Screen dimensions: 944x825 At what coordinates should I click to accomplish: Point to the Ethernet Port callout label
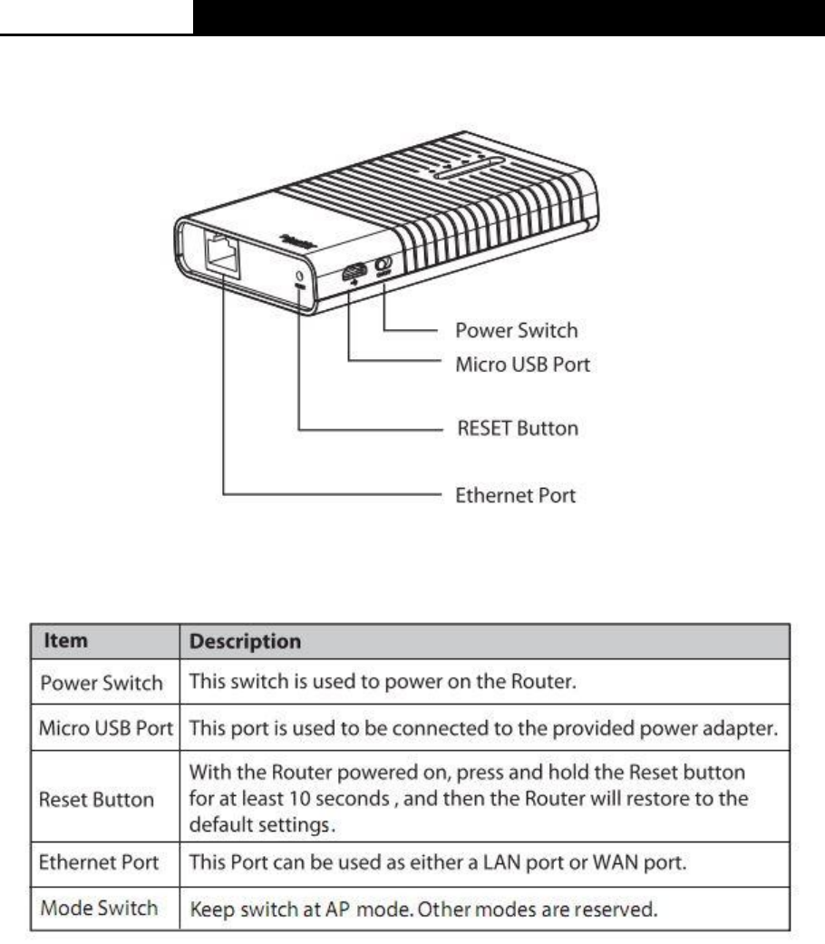513,496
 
